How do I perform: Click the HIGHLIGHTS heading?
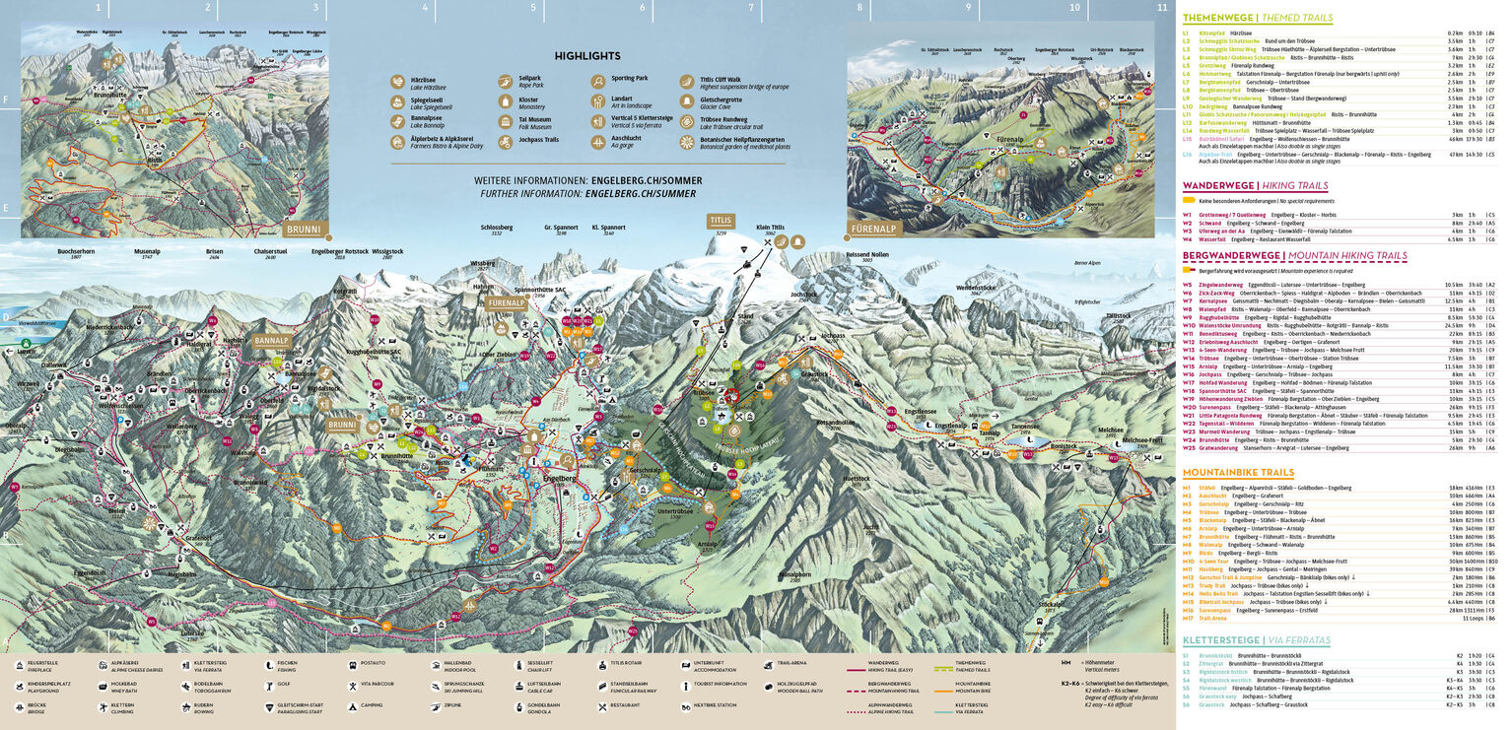pyautogui.click(x=587, y=56)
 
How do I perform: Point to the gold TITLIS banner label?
pyautogui.click(x=721, y=221)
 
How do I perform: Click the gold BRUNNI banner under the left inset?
pyautogui.click(x=303, y=230)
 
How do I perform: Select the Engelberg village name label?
pyautogui.click(x=559, y=477)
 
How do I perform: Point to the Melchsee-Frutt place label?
pyautogui.click(x=1143, y=440)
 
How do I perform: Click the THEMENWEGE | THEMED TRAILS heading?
pyautogui.click(x=1257, y=18)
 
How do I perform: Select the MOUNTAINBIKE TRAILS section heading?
pyautogui.click(x=1238, y=473)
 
